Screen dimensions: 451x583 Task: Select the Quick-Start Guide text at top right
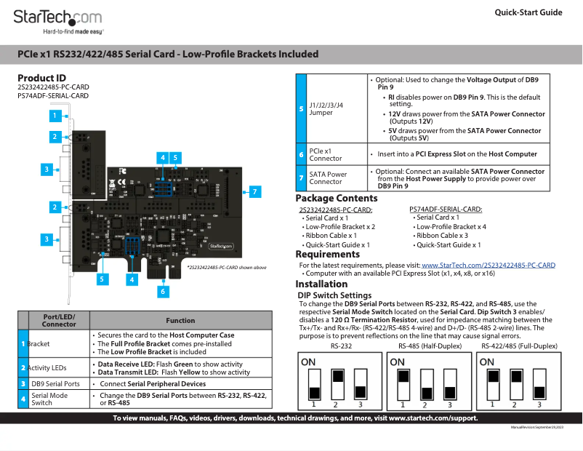528,12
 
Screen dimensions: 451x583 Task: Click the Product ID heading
41,78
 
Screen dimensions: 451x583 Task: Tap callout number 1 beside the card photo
54,115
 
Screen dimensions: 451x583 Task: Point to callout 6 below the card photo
163,291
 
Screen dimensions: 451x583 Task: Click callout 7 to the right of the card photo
254,192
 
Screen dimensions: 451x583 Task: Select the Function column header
180,320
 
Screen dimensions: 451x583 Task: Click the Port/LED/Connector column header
59,320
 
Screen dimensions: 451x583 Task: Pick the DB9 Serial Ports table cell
55,383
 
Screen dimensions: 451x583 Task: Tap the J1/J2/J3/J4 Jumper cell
326,108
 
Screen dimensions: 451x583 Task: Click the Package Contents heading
336,199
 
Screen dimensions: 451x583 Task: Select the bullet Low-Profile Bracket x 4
449,226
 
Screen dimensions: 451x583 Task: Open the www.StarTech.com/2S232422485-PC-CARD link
488,265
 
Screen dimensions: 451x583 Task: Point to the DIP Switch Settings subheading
335,295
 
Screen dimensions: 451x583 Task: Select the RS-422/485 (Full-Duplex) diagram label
519,346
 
